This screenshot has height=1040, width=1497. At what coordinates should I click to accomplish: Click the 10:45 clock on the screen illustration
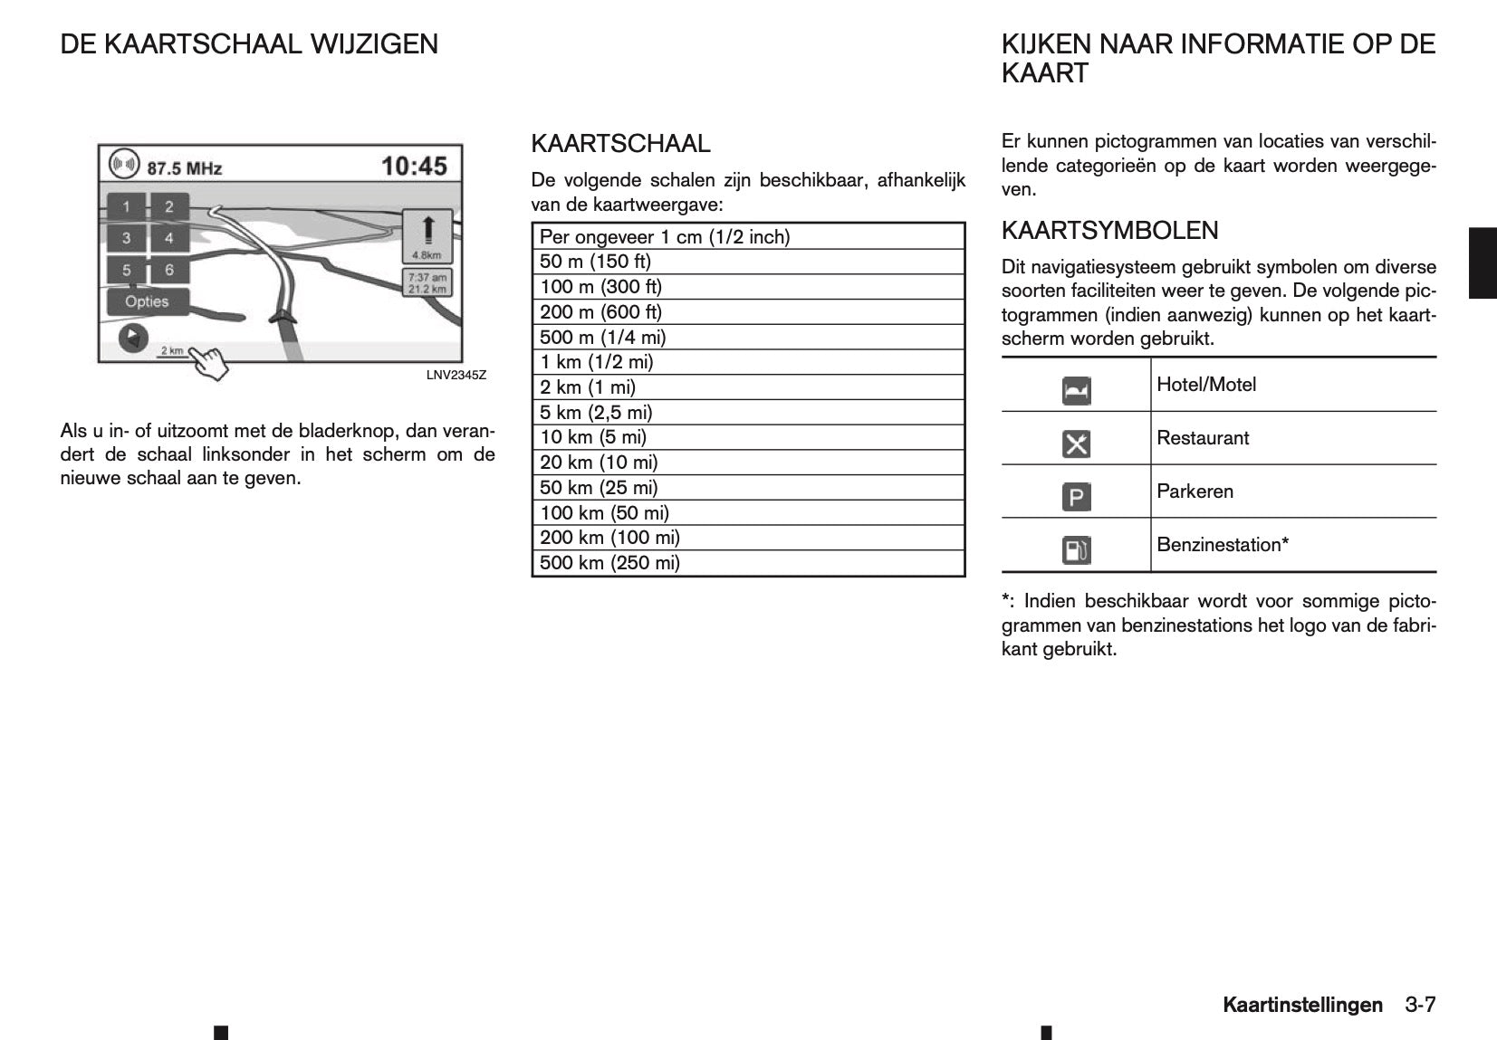[414, 166]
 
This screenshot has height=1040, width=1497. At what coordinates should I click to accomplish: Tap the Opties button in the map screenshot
[147, 301]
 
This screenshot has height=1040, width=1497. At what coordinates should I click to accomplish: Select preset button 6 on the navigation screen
[169, 270]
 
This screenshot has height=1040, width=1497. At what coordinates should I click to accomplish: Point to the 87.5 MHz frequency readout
[184, 167]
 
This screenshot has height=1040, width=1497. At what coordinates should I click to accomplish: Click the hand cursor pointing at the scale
[209, 364]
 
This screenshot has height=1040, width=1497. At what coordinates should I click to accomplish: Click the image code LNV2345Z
[456, 375]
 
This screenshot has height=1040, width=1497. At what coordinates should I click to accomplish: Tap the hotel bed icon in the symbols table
[1076, 391]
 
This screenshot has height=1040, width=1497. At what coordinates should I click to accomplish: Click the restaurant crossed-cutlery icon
[1076, 444]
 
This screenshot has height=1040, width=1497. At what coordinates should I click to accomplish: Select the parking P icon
[1076, 497]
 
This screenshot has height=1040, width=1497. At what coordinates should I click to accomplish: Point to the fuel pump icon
[1076, 550]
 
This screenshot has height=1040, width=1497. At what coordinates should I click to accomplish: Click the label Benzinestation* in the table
[1223, 545]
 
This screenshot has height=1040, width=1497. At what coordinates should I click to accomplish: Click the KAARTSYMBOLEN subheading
[1109, 231]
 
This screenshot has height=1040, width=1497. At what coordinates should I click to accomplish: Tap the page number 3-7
[1420, 1005]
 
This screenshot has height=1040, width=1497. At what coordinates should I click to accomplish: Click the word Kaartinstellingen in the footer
[1302, 1005]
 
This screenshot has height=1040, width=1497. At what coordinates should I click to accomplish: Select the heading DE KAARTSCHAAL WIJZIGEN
[249, 44]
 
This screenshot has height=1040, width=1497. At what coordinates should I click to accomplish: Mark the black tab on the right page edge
[1483, 263]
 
